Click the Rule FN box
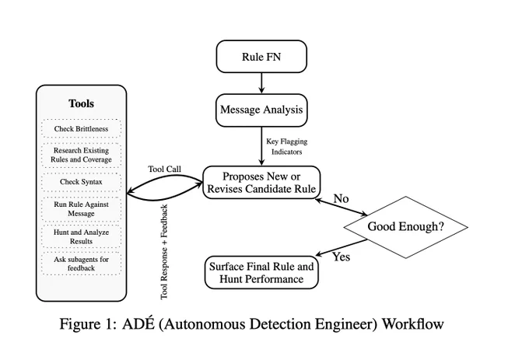261,56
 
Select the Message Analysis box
261,110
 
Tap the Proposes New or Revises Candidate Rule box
261,183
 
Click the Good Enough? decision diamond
405,227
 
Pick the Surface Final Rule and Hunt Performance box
261,273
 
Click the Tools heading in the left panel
82,103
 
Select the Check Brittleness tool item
82,128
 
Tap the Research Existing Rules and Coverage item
82,155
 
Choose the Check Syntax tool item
82,182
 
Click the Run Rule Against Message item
82,209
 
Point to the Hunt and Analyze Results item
82,236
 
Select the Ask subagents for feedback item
82,264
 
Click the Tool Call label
165,169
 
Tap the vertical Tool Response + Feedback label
164,252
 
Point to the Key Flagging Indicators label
287,147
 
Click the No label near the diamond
341,199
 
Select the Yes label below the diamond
342,257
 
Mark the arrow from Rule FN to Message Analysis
261,83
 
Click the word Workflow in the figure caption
413,324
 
